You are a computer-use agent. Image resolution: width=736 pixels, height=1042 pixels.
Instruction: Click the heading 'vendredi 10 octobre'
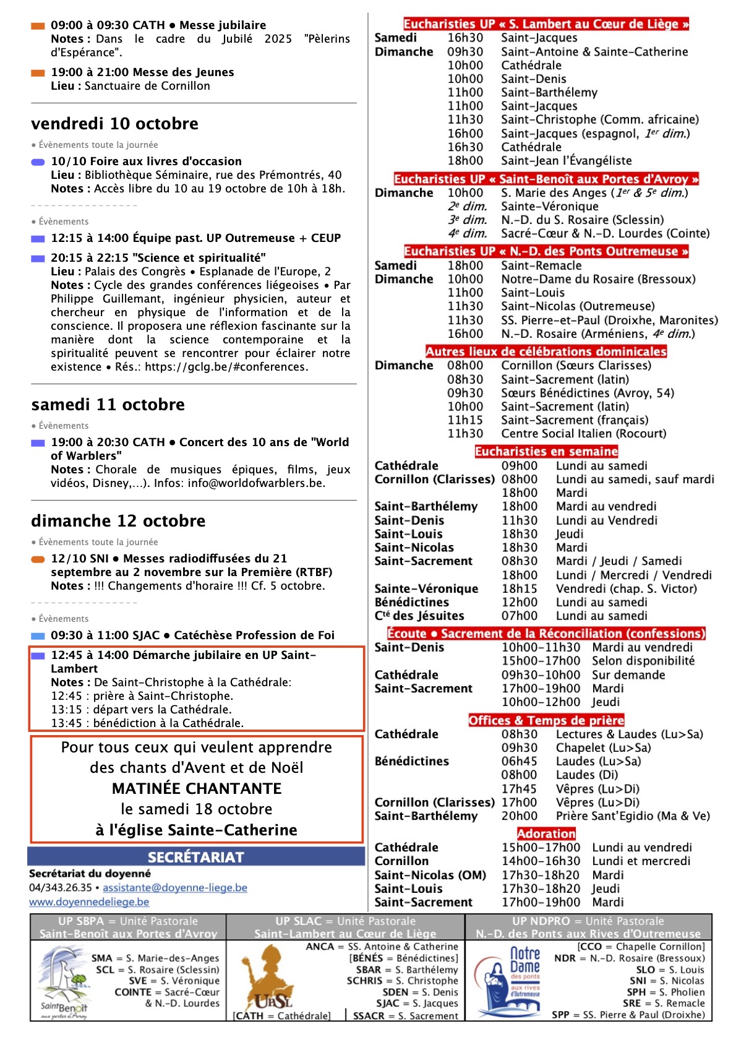(x=114, y=124)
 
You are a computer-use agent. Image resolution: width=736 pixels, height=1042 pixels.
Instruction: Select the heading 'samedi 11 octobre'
(x=108, y=405)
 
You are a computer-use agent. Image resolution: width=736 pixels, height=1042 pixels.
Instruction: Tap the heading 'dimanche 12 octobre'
(x=118, y=521)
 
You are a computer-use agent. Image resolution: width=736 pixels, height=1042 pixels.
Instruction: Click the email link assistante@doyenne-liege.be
(x=175, y=888)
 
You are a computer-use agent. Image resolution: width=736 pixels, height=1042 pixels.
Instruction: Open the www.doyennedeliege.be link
(x=89, y=902)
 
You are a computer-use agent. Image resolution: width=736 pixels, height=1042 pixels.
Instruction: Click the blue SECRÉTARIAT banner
(x=196, y=857)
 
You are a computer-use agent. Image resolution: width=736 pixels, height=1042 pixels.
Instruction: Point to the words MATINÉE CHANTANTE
(x=197, y=788)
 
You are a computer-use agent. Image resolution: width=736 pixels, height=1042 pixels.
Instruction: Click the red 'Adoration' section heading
(x=546, y=833)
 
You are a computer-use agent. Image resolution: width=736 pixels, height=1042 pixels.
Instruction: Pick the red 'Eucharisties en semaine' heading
(x=546, y=452)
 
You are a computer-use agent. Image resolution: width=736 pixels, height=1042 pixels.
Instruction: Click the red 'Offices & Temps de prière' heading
(x=546, y=720)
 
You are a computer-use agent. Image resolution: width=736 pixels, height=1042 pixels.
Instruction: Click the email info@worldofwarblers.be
(x=256, y=483)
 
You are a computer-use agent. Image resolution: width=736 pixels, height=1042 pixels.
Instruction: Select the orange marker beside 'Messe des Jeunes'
(x=38, y=73)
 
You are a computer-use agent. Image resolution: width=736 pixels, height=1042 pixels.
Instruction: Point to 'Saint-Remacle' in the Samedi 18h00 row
(x=541, y=265)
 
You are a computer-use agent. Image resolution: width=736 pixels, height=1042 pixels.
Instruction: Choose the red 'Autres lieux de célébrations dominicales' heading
(x=546, y=351)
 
